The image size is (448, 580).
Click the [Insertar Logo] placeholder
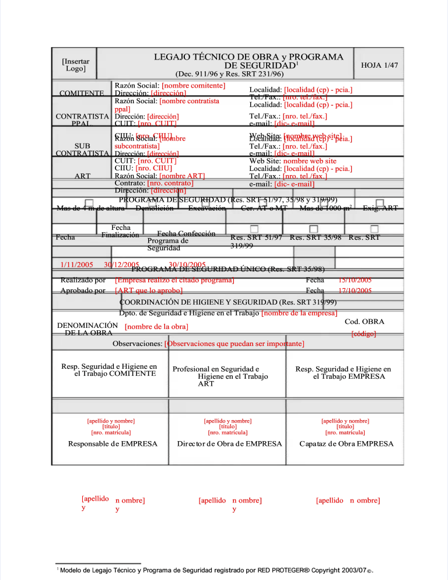pos(75,65)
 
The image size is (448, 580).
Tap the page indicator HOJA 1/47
pos(380,65)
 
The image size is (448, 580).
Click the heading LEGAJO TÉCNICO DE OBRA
pos(248,57)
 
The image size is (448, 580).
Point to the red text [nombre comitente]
pos(194,86)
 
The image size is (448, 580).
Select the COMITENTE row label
pos(82,93)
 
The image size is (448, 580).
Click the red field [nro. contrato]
pos(171,183)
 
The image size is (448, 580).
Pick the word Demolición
pos(154,208)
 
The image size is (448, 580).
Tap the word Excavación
pos(207,208)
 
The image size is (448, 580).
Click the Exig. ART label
pos(380,208)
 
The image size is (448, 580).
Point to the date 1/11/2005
pos(77,265)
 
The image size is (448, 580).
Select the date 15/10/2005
pos(355,280)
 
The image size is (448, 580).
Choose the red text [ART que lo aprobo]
pos(149,291)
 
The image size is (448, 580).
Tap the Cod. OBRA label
pos(364,322)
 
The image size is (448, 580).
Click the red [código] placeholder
pos(363,334)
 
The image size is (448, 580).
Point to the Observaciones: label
pos(138,344)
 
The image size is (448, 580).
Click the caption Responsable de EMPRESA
pos(113,444)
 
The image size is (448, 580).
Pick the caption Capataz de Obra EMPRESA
pos(346,444)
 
